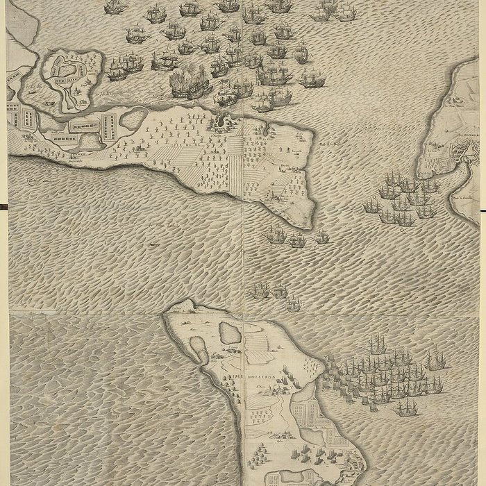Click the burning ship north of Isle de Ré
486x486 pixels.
(186, 85)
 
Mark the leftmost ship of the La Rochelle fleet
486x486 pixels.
(371, 207)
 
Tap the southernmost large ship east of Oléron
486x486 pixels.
(406, 408)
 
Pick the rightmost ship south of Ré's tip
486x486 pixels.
(321, 238)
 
